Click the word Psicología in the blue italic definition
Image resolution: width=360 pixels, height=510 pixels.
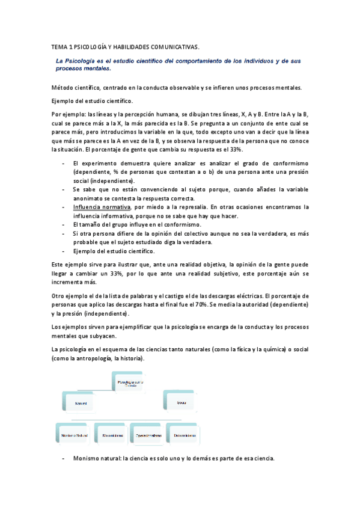[x=85, y=61]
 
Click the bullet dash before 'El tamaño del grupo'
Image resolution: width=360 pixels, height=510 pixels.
[x=64, y=225]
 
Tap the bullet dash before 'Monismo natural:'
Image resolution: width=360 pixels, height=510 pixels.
[x=64, y=458]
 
